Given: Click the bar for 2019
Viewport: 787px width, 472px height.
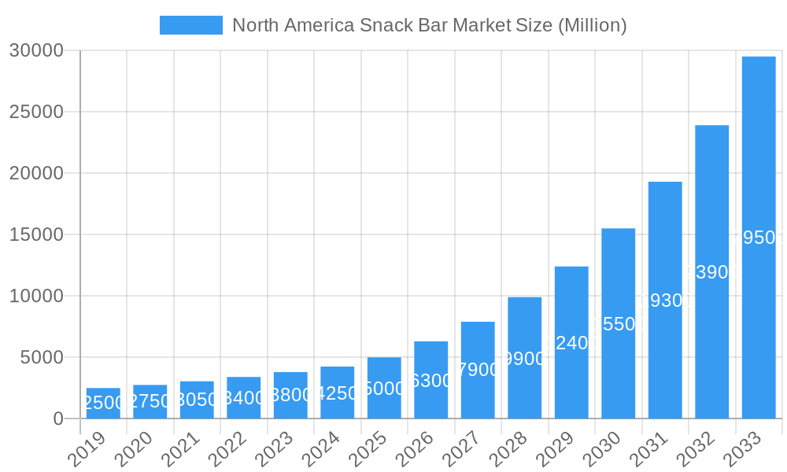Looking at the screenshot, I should pyautogui.click(x=103, y=403).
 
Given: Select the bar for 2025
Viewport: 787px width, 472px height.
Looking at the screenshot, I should pyautogui.click(x=384, y=388).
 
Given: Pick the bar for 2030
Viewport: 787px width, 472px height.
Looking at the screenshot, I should pyautogui.click(x=619, y=323).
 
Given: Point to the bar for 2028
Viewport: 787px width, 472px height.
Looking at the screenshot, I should pyautogui.click(x=525, y=358).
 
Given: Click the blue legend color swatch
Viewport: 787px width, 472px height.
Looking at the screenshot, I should pyautogui.click(x=190, y=25).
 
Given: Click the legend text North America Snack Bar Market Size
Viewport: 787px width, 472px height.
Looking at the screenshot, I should pyautogui.click(x=429, y=25).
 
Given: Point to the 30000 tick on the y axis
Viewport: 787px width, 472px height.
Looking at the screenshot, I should pyautogui.click(x=36, y=50).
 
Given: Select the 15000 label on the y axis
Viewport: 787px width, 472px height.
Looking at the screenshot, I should pyautogui.click(x=36, y=234).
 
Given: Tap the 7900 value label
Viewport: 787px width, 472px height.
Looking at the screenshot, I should pyautogui.click(x=478, y=370).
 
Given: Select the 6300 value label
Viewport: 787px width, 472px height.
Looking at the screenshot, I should pyautogui.click(x=431, y=381).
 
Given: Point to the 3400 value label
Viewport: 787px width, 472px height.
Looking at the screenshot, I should pyautogui.click(x=244, y=398).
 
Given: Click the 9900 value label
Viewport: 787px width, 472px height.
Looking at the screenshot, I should pyautogui.click(x=525, y=360).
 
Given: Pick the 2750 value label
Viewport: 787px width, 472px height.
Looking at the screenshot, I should pyautogui.click(x=150, y=402).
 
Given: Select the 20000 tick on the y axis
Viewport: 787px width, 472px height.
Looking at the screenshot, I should pyautogui.click(x=36, y=173).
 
